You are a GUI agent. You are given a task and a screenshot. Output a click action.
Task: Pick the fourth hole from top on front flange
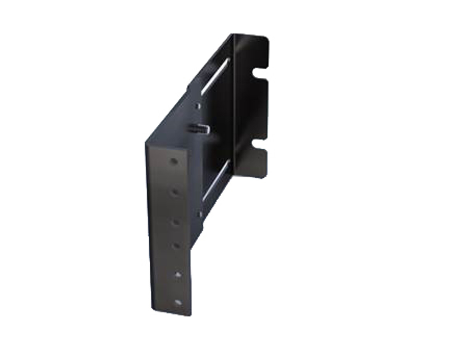click(176, 246)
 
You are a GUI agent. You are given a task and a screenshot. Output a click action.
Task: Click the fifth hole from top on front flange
click(177, 275)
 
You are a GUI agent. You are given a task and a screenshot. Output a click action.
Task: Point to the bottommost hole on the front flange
click(178, 302)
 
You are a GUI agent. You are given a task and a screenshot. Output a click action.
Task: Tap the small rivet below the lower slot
click(200, 214)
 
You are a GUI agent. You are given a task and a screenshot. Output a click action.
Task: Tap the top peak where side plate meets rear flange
click(232, 35)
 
